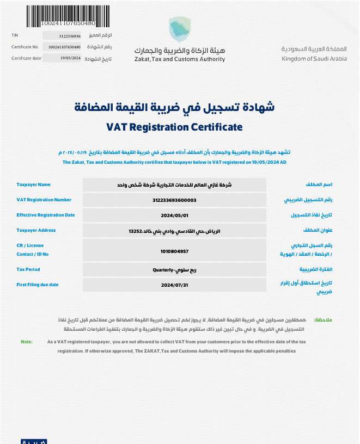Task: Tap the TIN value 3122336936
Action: [x=69, y=36]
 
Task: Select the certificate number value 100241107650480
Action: [x=64, y=47]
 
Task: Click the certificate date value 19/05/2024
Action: [x=70, y=58]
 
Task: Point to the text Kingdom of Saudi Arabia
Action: [x=314, y=58]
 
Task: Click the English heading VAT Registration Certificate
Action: [x=174, y=127]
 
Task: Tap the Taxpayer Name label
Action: [x=33, y=185]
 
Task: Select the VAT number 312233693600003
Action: [x=174, y=200]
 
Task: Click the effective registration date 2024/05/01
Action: [x=174, y=215]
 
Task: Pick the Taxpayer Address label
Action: [x=36, y=231]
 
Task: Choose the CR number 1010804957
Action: [x=174, y=251]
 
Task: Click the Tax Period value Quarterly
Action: [x=174, y=270]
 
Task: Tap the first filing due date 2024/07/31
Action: [x=174, y=285]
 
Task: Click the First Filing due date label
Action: [x=38, y=285]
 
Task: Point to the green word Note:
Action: [x=27, y=342]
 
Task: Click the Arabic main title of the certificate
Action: [x=174, y=107]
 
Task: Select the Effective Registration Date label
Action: [x=46, y=215]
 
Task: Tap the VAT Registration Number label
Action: [x=44, y=200]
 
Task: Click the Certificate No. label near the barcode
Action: [x=25, y=47]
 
